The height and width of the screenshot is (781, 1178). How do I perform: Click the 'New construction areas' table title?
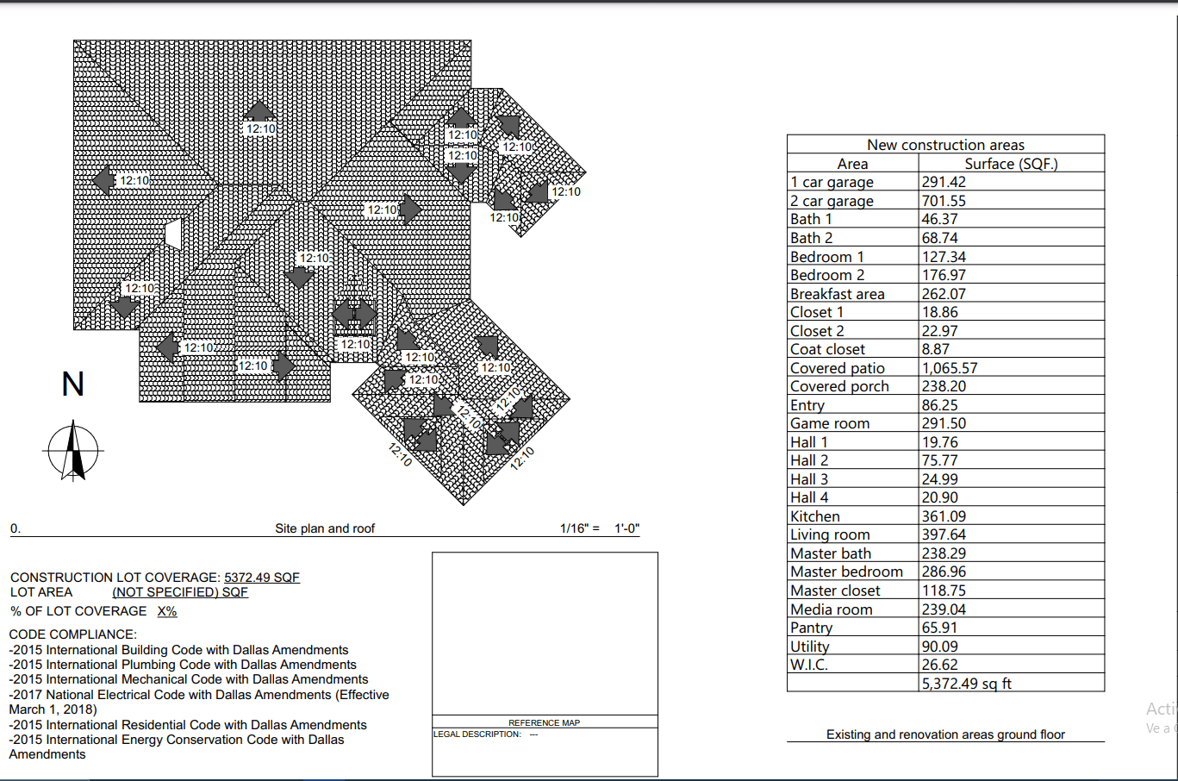pyautogui.click(x=945, y=145)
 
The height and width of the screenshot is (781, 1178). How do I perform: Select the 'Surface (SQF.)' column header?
pyautogui.click(x=1011, y=164)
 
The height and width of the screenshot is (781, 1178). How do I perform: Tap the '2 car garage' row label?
pyautogui.click(x=832, y=201)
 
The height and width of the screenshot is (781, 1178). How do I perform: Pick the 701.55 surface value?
pyautogui.click(x=944, y=201)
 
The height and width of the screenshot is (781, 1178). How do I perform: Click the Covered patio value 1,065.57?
pyautogui.click(x=950, y=368)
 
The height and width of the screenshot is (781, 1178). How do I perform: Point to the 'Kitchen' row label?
pyautogui.click(x=814, y=516)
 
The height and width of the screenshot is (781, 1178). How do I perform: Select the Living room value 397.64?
pyautogui.click(x=944, y=534)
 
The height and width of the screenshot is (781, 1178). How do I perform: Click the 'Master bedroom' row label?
pyautogui.click(x=846, y=572)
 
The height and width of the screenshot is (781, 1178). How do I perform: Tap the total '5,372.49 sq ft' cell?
pyautogui.click(x=966, y=684)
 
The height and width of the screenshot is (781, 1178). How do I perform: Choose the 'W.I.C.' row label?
pyautogui.click(x=808, y=665)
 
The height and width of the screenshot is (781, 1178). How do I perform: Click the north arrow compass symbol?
pyautogui.click(x=73, y=450)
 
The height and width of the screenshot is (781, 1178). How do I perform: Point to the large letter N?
pyautogui.click(x=72, y=384)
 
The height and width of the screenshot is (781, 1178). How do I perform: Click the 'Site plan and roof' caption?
pyautogui.click(x=325, y=528)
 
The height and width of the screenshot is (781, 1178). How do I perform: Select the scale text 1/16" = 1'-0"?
pyautogui.click(x=600, y=528)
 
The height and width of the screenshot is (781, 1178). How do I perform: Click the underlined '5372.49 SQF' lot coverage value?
pyautogui.click(x=262, y=578)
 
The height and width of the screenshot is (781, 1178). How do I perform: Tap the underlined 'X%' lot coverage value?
pyautogui.click(x=167, y=611)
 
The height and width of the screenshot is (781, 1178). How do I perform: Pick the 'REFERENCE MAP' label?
pyautogui.click(x=544, y=723)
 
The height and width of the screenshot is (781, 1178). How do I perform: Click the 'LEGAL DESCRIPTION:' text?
pyautogui.click(x=477, y=734)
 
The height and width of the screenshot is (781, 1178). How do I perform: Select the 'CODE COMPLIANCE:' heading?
pyautogui.click(x=73, y=634)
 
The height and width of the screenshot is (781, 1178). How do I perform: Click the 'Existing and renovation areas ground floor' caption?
pyautogui.click(x=945, y=734)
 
